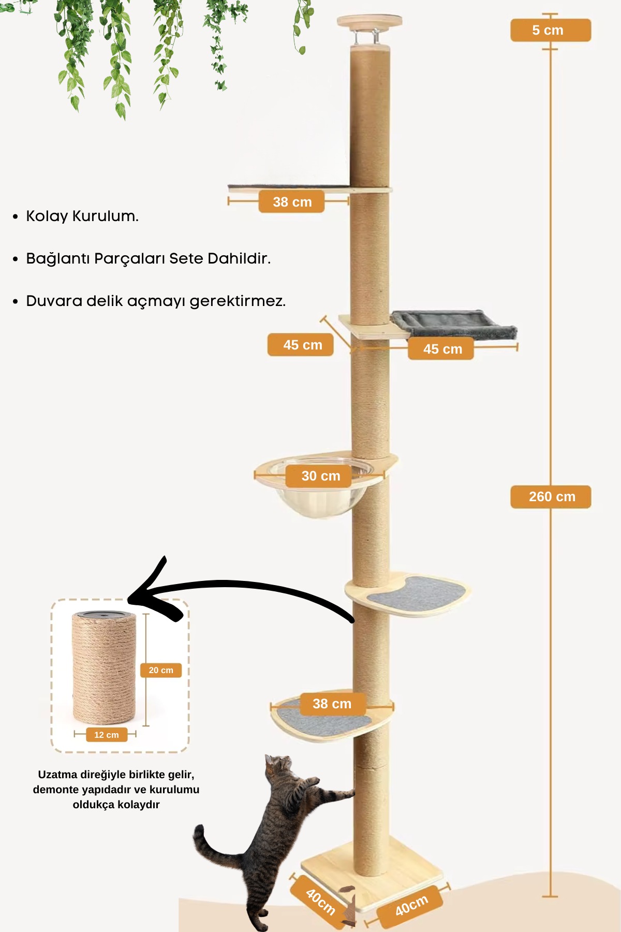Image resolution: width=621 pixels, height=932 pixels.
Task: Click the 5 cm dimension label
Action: point(550,30)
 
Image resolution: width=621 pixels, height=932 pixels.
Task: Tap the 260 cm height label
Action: point(551,497)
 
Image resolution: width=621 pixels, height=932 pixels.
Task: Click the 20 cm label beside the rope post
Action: point(161,670)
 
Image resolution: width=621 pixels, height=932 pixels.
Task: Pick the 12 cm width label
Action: point(107,735)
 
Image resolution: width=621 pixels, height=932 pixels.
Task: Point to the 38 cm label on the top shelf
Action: point(291,202)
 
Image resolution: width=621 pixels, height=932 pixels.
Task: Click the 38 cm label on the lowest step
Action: point(332,704)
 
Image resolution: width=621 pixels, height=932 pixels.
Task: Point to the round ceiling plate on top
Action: point(369,21)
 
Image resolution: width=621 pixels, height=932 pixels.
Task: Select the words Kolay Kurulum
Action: point(82,216)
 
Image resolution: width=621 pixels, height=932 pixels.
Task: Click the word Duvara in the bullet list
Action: point(54,301)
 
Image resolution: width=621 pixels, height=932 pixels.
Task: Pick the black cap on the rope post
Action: point(103,615)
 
